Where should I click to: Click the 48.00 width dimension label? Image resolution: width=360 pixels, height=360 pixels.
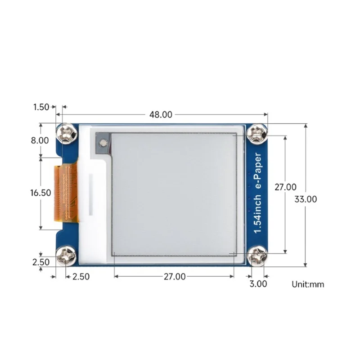pos(161,114)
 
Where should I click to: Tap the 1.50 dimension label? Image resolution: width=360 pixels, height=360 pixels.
pos(41,107)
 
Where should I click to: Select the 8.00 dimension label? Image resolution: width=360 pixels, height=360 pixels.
pos(40,140)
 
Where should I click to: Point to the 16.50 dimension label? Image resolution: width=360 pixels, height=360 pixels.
pos(40,193)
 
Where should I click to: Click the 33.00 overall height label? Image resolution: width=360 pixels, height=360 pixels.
pos(306,199)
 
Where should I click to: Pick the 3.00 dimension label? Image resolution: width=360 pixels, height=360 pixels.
pos(258,284)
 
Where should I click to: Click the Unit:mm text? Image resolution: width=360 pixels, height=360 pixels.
pos(308,284)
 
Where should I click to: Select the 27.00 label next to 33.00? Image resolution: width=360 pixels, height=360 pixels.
pos(285,187)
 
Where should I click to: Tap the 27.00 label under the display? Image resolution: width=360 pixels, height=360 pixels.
pos(174,277)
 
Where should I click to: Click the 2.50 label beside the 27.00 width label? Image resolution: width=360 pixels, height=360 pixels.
pos(81,277)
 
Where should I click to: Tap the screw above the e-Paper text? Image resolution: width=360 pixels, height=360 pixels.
pos(257,133)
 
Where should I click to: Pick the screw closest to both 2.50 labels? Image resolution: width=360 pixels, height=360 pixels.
pos(66,257)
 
